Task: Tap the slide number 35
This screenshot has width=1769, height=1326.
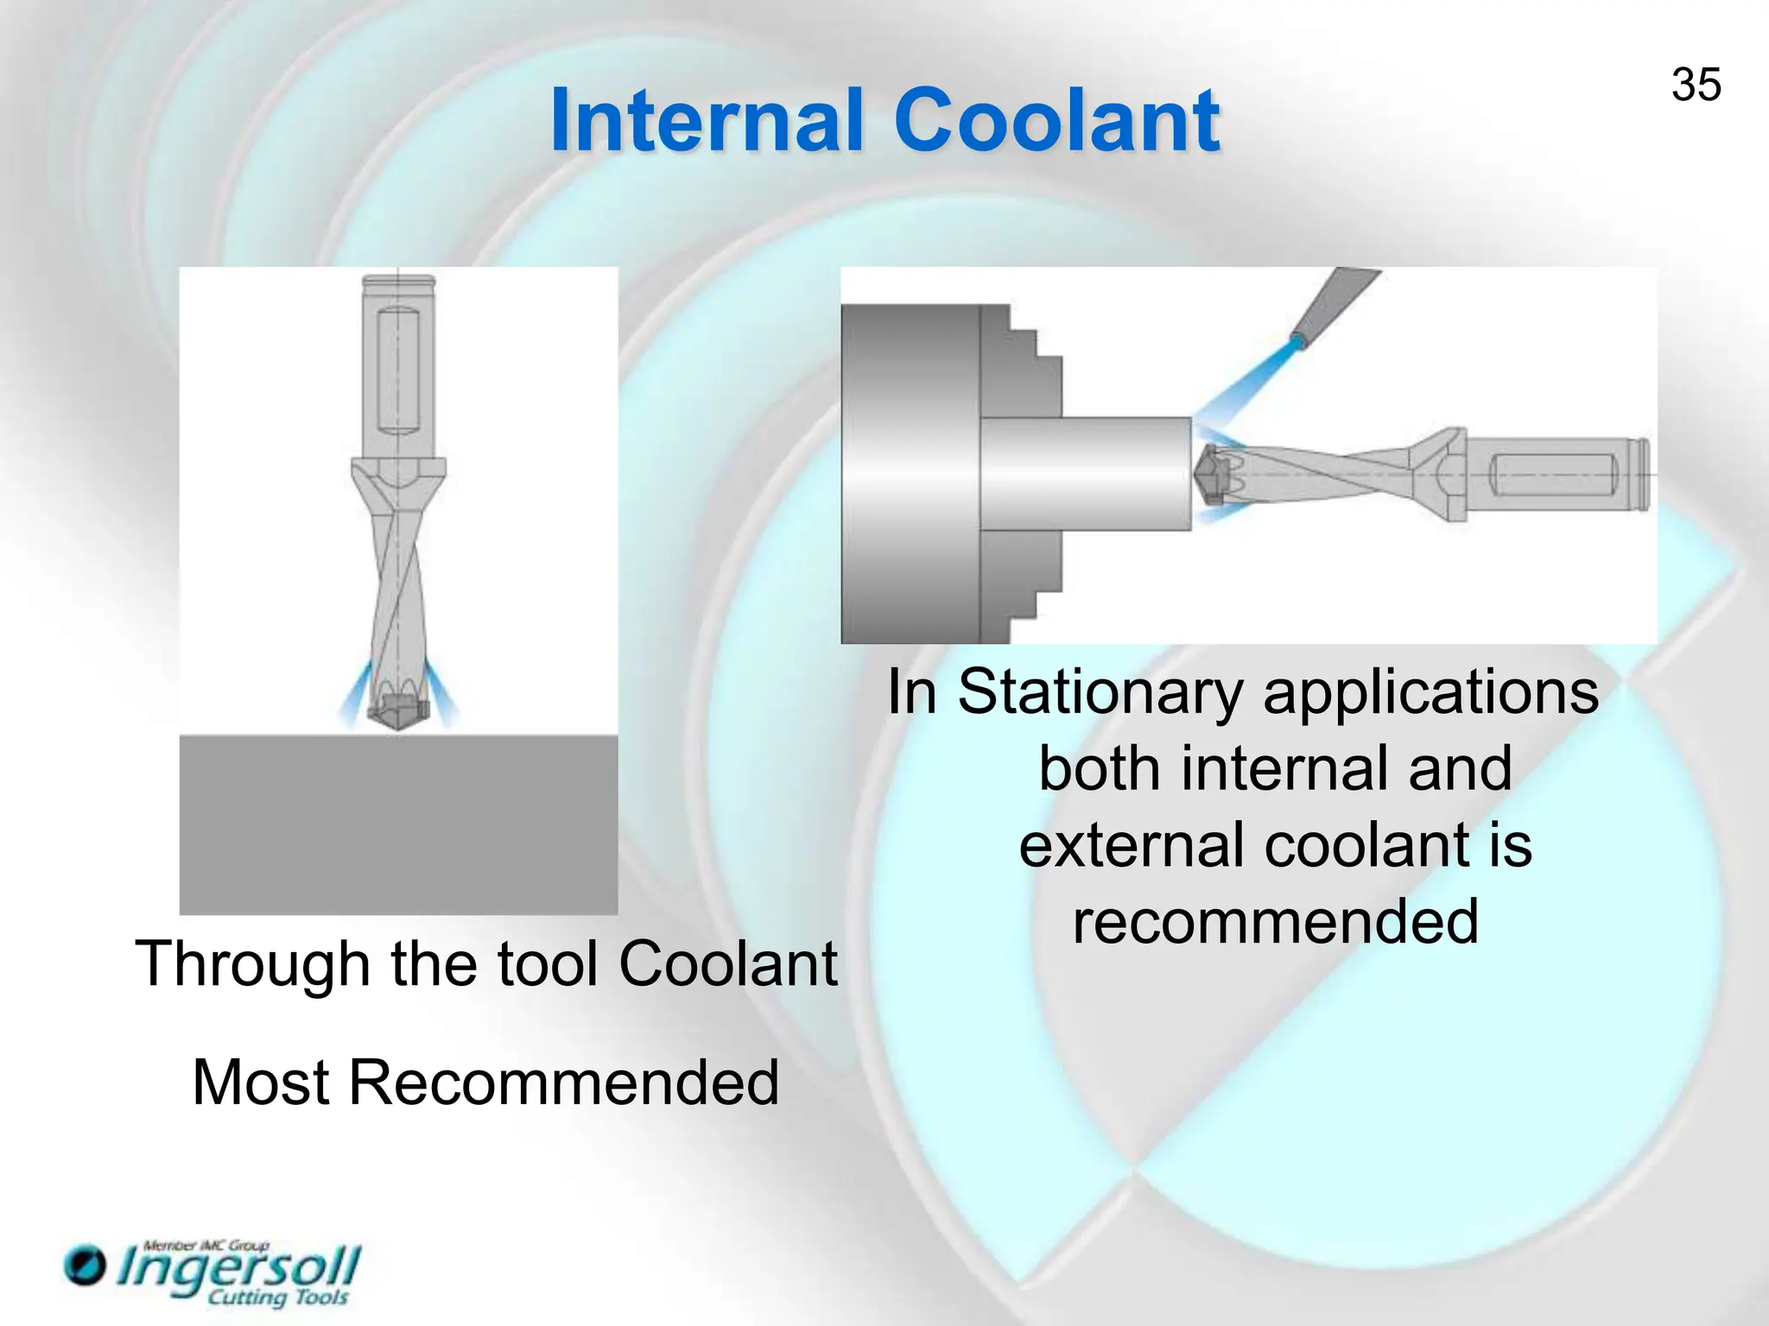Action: (1696, 85)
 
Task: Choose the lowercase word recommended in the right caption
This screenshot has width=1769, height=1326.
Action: (1275, 921)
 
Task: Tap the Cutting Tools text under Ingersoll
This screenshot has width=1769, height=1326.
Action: (277, 1298)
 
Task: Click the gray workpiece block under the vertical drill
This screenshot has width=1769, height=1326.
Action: (398, 824)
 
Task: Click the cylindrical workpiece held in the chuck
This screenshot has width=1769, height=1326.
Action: (1085, 473)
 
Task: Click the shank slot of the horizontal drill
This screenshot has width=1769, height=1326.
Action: (1553, 475)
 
